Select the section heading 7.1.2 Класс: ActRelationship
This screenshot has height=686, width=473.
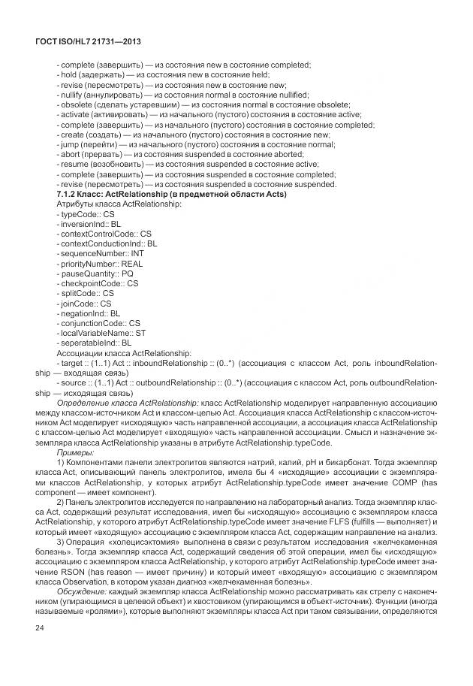tap(172, 194)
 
